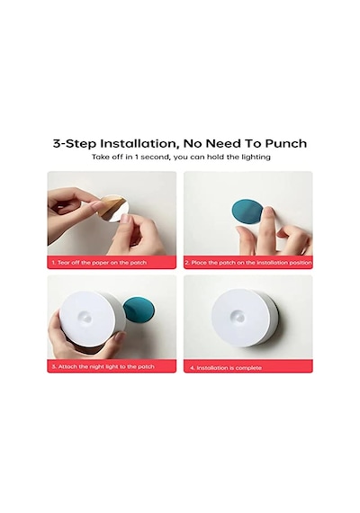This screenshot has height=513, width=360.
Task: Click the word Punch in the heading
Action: click(x=285, y=144)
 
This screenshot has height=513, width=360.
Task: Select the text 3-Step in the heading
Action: click(x=75, y=144)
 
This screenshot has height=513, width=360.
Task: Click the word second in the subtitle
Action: click(x=156, y=157)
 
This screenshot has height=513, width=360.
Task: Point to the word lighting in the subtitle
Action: click(x=256, y=157)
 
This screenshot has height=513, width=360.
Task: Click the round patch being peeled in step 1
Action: click(x=115, y=208)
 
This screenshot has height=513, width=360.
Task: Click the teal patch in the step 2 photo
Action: click(x=247, y=212)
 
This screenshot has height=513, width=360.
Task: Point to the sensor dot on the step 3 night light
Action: click(x=86, y=317)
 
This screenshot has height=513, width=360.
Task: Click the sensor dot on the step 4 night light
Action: click(x=238, y=316)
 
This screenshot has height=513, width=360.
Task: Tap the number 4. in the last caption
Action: click(x=193, y=368)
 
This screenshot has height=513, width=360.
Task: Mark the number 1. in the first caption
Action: click(x=53, y=263)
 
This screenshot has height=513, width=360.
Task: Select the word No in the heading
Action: click(x=192, y=144)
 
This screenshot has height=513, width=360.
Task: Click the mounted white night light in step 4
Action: click(x=244, y=318)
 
